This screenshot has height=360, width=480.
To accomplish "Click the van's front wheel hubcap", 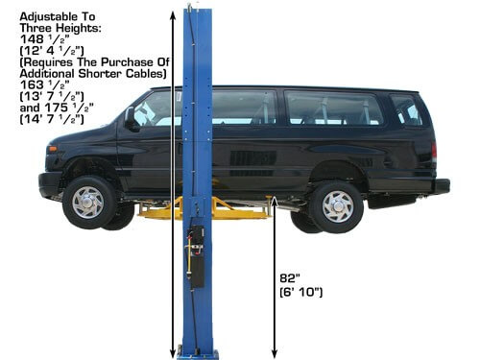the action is click(x=87, y=203).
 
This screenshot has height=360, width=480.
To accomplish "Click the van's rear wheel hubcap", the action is click(x=338, y=206).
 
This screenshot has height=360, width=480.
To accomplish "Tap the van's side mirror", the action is click(x=131, y=118).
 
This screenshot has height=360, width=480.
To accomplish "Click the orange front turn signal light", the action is click(x=52, y=149).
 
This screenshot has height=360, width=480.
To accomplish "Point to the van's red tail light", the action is click(x=434, y=153).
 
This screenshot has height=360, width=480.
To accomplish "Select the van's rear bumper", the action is click(x=442, y=186).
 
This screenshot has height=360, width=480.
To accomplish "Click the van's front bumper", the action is click(x=49, y=184).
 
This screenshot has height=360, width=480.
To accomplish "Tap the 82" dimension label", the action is click(x=289, y=278).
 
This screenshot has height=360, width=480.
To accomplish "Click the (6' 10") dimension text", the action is click(x=301, y=292).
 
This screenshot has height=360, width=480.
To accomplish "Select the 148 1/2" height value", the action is click(x=45, y=39).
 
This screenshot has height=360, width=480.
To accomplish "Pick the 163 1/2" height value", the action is click(x=45, y=84).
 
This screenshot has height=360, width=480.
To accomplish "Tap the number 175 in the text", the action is click(x=57, y=108).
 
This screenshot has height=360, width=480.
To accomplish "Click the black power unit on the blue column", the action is click(x=196, y=256).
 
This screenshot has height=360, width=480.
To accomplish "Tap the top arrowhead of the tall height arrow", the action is click(x=173, y=15).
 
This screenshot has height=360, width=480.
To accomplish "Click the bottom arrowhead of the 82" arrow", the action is click(x=275, y=353).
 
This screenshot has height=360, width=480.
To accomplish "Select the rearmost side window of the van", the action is click(x=406, y=110).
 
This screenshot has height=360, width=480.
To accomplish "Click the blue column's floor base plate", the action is click(x=198, y=354).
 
